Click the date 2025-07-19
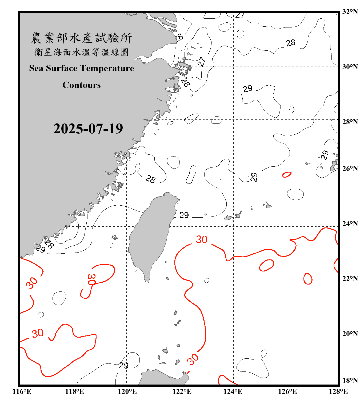(x=88, y=129)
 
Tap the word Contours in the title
(x=81, y=85)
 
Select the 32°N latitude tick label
(x=350, y=12)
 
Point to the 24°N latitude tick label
(x=350, y=223)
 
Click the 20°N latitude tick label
(x=350, y=334)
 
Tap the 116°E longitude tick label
(x=22, y=391)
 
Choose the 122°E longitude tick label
(x=182, y=391)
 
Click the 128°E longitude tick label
(x=338, y=391)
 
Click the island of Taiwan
(x=151, y=232)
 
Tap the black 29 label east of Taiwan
(x=184, y=215)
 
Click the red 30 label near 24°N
(x=202, y=239)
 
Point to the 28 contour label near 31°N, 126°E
(x=291, y=43)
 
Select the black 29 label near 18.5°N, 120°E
(x=124, y=365)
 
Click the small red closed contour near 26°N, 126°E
(x=287, y=175)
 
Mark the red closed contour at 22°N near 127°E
(x=308, y=279)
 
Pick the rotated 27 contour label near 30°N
(x=202, y=62)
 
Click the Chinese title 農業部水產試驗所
(x=81, y=38)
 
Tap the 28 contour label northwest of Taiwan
(x=150, y=179)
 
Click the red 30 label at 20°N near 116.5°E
(x=38, y=333)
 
